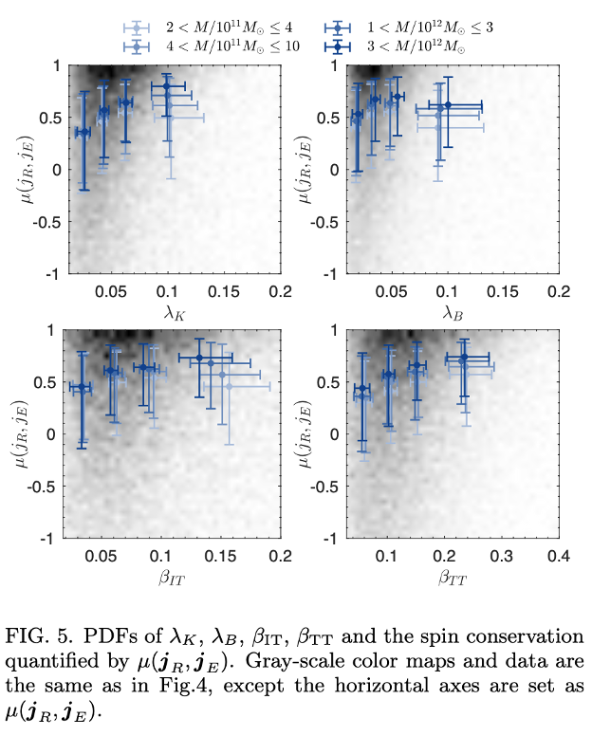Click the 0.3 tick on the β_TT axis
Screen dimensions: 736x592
501,554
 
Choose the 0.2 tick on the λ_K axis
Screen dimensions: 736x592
279,289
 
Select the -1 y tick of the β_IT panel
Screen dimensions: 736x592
46,539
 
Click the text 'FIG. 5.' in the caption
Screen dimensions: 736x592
36,635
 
